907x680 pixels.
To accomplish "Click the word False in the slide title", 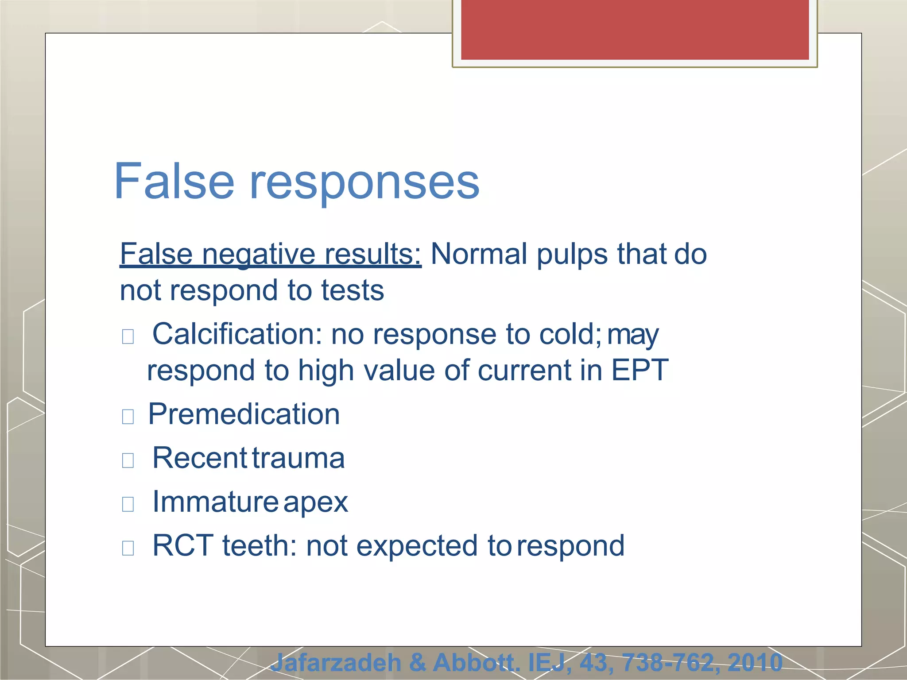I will coord(174,181).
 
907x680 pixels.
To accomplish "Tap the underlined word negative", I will coord(259,254).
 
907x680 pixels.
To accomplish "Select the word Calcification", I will coord(237,334).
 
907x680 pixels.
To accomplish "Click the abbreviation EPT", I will coord(640,370).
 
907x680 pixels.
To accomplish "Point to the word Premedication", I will coord(244,414).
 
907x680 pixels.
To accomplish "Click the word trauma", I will coord(299,458).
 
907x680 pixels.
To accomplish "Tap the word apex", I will coord(316,502).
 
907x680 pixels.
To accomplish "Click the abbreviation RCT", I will coord(183,545).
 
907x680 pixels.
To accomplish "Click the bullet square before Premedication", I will coord(128,417).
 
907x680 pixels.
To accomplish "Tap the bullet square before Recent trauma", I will coord(128,460).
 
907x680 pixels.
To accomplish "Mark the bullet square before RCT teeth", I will coord(128,548).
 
